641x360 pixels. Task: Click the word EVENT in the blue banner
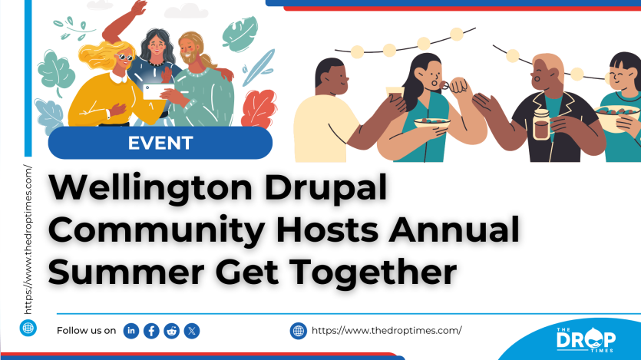coord(160,143)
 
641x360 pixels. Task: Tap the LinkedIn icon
coord(131,331)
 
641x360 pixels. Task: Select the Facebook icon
coord(151,331)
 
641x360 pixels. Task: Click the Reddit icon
coord(172,331)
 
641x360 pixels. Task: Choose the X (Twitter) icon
coord(192,331)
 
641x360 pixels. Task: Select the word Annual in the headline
coord(454,230)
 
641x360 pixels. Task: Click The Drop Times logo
coord(586,339)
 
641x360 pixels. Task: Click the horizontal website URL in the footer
coord(387,331)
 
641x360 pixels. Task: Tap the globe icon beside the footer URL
coord(299,331)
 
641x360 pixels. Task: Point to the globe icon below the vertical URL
coord(28,328)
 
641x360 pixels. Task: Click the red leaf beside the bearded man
coord(259,109)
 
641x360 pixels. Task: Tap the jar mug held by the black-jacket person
coord(542,124)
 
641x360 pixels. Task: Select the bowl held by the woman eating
coord(431,123)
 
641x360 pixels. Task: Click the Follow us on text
coord(86,331)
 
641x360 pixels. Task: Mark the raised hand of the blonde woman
coord(140,7)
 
